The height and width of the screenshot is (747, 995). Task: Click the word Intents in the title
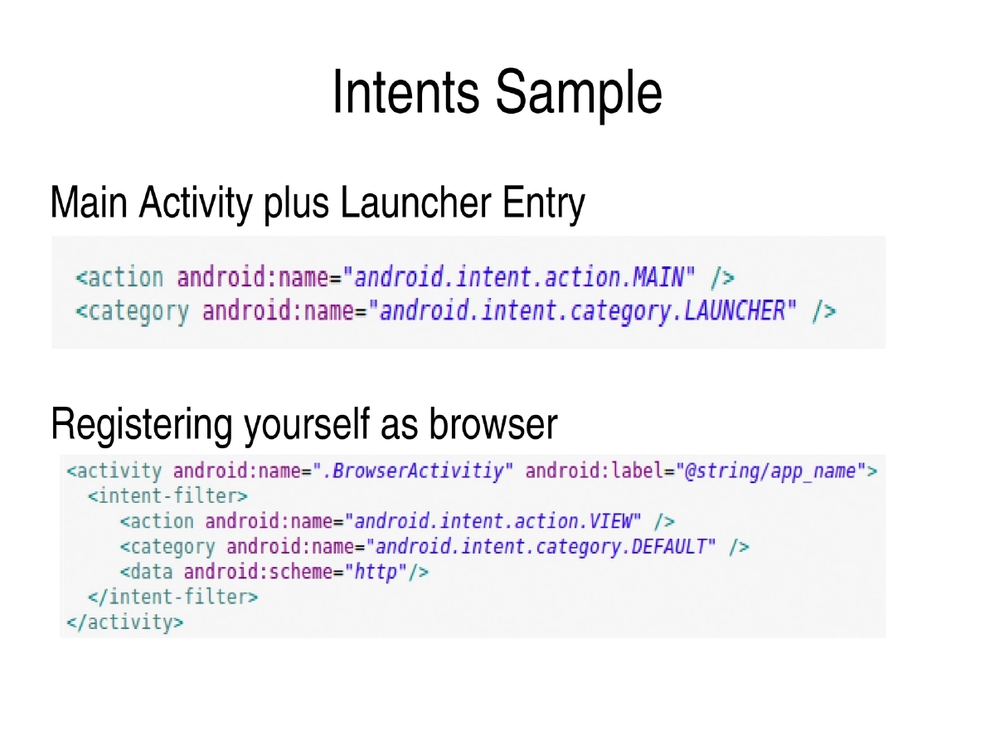coord(405,92)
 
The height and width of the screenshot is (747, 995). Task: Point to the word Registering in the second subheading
coord(141,425)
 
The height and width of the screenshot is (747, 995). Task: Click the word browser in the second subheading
coord(493,424)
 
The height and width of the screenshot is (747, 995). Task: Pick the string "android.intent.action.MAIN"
coord(525,276)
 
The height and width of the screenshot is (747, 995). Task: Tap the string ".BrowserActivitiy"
coord(414,471)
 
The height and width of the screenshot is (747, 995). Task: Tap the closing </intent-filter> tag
coord(172,597)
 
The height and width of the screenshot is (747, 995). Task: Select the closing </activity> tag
coord(125,622)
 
